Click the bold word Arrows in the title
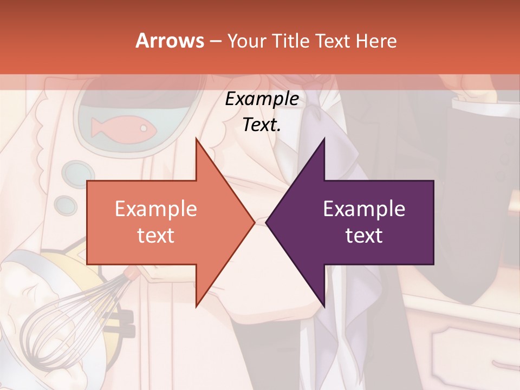(170, 41)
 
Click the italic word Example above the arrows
(262, 99)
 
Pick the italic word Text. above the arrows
(262, 125)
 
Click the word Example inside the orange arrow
(156, 209)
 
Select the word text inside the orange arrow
(156, 235)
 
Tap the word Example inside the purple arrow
(364, 209)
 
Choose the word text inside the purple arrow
(364, 235)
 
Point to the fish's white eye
(144, 129)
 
